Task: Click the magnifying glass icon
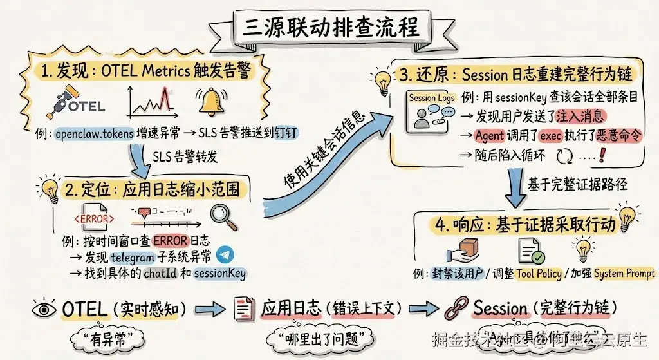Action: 225,216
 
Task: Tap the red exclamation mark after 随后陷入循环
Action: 603,155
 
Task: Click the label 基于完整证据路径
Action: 577,184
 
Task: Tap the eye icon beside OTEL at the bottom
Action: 44,309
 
